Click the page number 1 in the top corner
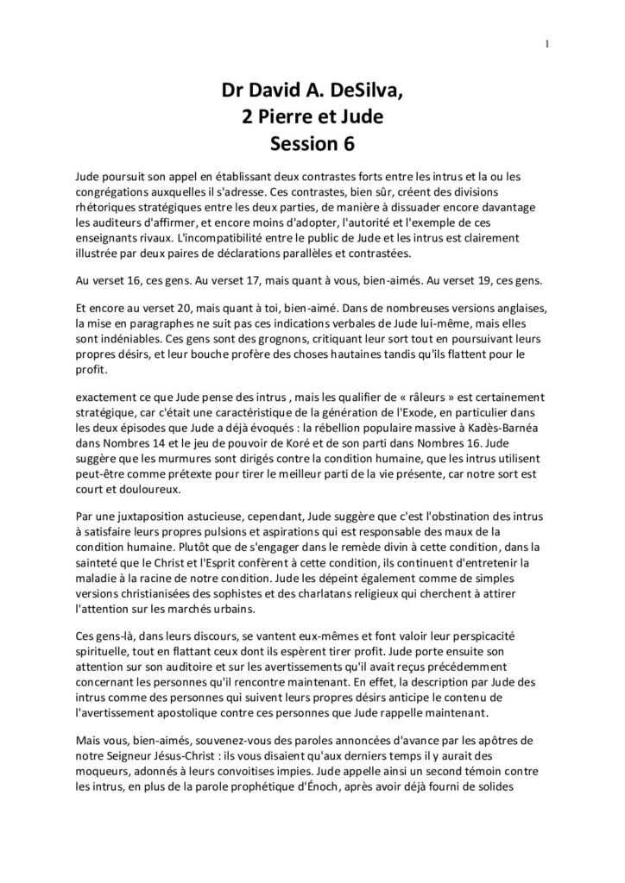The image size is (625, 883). [548, 45]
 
